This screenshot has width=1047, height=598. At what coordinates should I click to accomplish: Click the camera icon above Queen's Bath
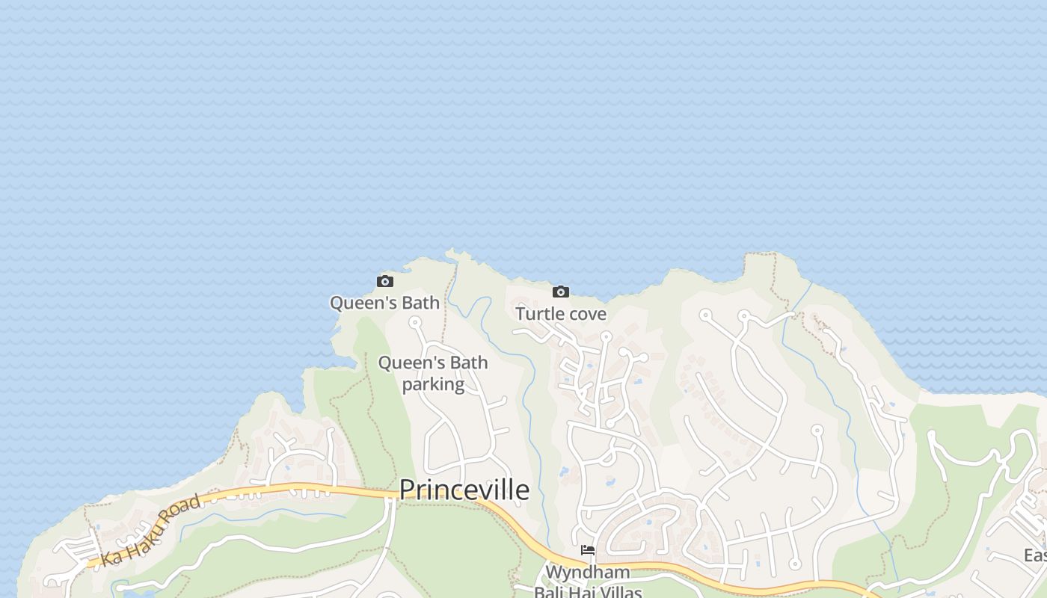pos(385,282)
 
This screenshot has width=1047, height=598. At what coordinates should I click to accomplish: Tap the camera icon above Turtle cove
pos(560,292)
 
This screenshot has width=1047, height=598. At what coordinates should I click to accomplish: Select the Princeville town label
pos(464,490)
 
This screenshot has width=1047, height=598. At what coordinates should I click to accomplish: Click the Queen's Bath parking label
pos(433,373)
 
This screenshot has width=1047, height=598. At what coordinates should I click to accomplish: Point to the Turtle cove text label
pos(560,314)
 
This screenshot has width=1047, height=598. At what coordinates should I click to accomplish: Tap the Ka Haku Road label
pos(151,530)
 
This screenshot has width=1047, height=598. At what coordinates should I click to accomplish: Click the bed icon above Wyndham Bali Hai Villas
pos(588,551)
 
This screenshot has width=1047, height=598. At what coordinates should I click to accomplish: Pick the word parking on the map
pos(433,384)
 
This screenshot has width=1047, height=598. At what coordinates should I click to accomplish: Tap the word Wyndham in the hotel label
pos(587,572)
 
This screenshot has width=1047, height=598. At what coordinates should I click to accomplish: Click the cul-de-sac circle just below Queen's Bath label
pos(414,322)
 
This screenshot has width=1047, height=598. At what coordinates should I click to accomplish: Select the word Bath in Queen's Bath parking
pos(469,363)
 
